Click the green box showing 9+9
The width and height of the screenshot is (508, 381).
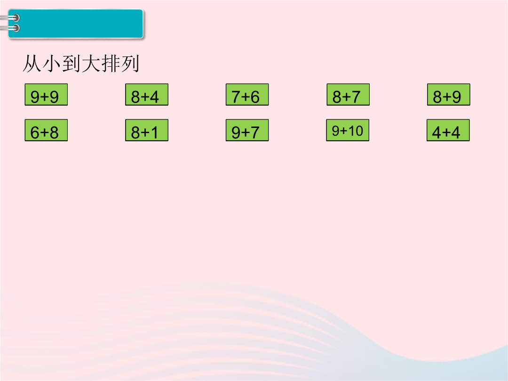[46, 95]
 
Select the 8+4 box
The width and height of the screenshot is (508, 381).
[147, 95]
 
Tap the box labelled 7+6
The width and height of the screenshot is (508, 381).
[247, 95]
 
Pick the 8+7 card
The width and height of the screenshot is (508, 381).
[348, 95]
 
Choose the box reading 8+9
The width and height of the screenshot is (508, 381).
[448, 95]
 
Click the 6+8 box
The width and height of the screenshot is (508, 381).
[46, 130]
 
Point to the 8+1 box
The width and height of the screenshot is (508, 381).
[147, 130]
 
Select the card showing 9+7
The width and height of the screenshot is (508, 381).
[247, 130]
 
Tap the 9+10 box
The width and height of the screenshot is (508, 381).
[348, 130]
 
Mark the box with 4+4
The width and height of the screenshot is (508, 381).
[448, 130]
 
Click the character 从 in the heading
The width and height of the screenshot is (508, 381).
[32, 63]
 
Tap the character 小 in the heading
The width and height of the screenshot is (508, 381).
[52, 63]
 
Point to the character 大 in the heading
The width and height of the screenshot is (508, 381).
[91, 63]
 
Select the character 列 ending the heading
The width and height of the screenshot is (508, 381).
[130, 63]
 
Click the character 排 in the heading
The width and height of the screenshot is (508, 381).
[111, 63]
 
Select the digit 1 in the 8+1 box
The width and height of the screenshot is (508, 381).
[153, 133]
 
